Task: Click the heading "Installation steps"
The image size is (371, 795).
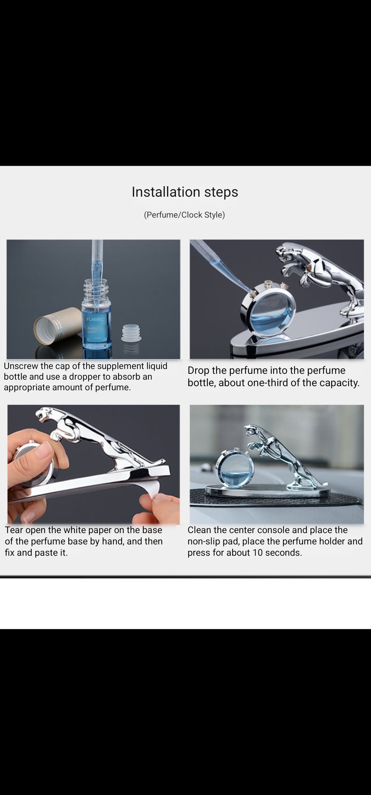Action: [185, 192]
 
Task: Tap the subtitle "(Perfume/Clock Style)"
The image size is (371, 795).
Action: [184, 215]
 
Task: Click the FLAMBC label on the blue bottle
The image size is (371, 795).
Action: [95, 319]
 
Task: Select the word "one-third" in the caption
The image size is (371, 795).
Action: [268, 383]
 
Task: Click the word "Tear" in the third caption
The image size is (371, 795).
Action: [14, 530]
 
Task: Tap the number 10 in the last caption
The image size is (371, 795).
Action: [258, 553]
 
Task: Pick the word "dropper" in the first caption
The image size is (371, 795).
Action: [85, 377]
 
